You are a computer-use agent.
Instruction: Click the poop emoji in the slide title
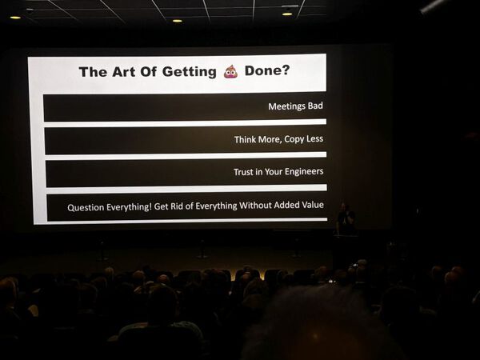tap(230, 72)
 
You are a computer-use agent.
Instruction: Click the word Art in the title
tap(123, 72)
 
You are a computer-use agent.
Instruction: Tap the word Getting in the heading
tap(189, 72)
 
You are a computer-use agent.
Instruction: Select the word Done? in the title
tap(267, 70)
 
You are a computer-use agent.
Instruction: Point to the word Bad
tap(315, 106)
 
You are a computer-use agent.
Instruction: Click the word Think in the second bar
tap(245, 139)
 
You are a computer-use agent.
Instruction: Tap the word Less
tap(314, 138)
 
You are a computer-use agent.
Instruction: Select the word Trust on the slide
tap(243, 172)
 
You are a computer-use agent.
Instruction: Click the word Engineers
tap(304, 171)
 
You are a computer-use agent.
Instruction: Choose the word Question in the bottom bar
tap(86, 207)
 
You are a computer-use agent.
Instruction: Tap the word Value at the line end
tap(313, 205)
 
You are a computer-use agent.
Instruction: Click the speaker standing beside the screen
tap(346, 218)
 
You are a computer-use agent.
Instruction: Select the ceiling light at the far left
tap(15, 18)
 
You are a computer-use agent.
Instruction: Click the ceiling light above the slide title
tap(178, 21)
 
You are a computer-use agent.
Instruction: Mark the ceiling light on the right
tap(287, 14)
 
